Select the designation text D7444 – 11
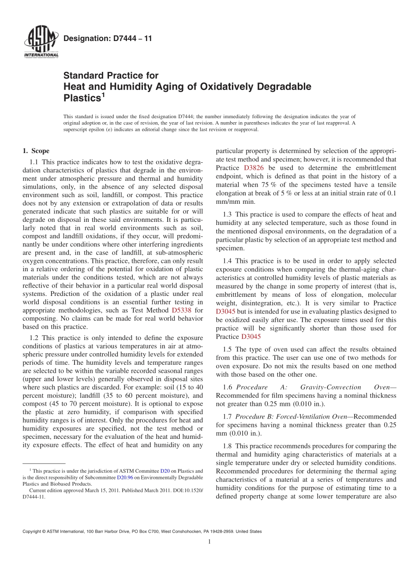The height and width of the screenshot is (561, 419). pyautogui.click(x=108, y=38)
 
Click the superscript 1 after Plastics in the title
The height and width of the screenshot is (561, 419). pyautogui.click(x=104, y=94)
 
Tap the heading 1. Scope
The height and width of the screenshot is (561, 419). pyautogui.click(x=36, y=151)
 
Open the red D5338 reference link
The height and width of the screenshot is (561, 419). pyautogui.click(x=181, y=310)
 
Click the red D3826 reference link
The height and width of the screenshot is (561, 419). pyautogui.click(x=254, y=168)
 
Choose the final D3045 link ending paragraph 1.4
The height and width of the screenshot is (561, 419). pyautogui.click(x=251, y=337)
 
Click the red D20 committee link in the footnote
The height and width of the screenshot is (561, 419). pyautogui.click(x=165, y=471)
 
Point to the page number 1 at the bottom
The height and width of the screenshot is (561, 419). pyautogui.click(x=209, y=542)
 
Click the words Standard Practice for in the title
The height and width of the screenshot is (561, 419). pyautogui.click(x=111, y=75)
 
